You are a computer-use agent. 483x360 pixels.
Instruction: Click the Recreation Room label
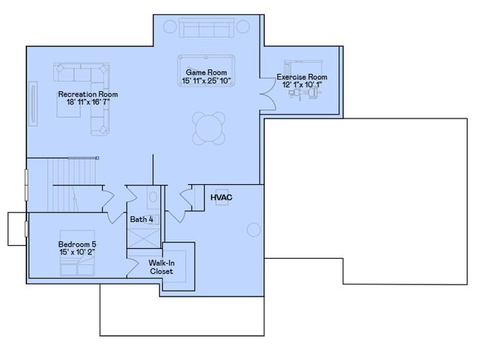click(88, 94)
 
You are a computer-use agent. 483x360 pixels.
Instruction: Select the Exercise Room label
click(302, 77)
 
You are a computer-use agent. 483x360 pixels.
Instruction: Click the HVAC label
click(221, 198)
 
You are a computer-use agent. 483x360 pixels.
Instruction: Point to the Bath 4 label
click(142, 220)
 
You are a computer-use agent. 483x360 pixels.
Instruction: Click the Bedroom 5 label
click(77, 245)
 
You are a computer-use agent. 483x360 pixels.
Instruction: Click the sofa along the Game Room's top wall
click(206, 29)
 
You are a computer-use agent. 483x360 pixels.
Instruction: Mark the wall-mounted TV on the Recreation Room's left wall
click(32, 103)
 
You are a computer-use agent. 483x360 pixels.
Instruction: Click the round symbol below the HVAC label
click(254, 229)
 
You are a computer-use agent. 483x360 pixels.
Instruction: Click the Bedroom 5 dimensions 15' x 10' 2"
click(77, 254)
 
